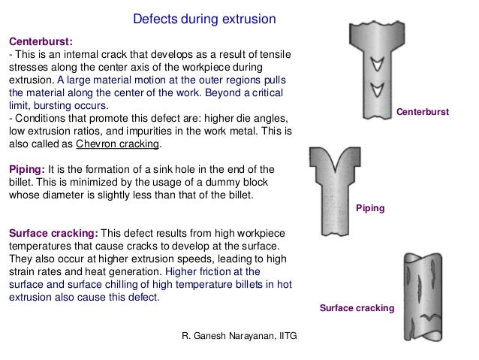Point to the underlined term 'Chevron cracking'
click(107, 144)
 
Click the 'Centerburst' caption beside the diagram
click(423, 111)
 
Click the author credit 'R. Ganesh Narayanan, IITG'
click(240, 331)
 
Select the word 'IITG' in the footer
click(287, 331)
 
